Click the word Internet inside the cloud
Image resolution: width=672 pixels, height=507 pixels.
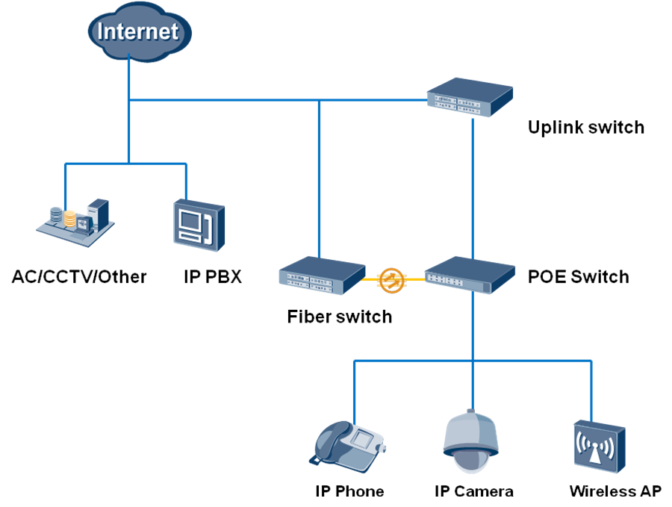pyautogui.click(x=139, y=31)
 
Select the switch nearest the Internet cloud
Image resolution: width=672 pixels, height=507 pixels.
pyautogui.click(x=470, y=98)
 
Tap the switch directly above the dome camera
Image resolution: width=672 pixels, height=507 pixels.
pyautogui.click(x=470, y=274)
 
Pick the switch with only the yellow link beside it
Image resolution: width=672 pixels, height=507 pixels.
pyautogui.click(x=321, y=276)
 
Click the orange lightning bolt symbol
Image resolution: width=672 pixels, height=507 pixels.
pyautogui.click(x=392, y=280)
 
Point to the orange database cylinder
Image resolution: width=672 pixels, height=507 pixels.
pyautogui.click(x=70, y=219)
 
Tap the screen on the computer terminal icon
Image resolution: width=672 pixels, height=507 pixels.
pyautogui.click(x=192, y=222)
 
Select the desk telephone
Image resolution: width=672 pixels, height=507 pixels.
pyautogui.click(x=349, y=446)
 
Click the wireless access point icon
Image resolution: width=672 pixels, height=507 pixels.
pyautogui.click(x=598, y=446)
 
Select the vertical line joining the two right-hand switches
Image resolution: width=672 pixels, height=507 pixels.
pyautogui.click(x=473, y=187)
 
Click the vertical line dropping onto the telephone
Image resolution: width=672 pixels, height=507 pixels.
pyautogui.click(x=354, y=392)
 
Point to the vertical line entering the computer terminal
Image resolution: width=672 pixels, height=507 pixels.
pyautogui.click(x=185, y=181)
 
